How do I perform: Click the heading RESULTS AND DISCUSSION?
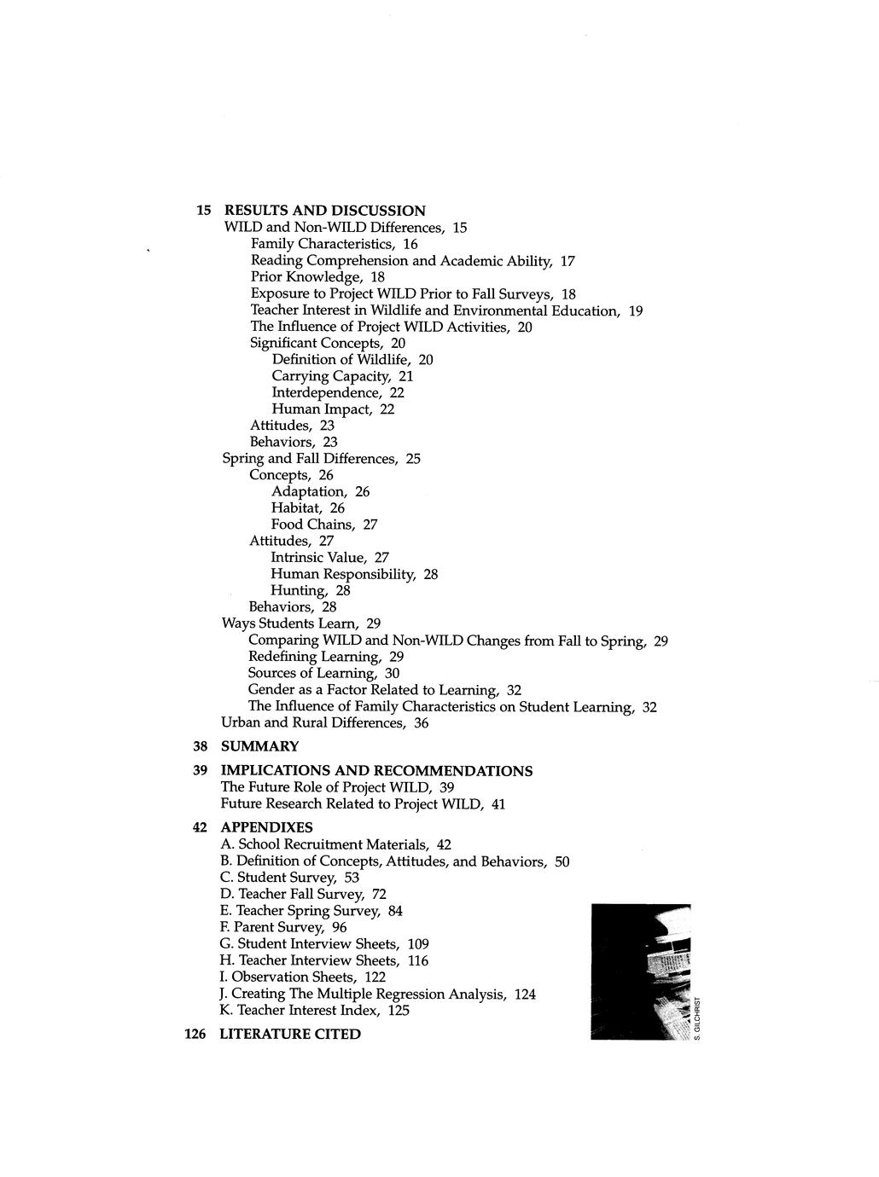click(x=324, y=211)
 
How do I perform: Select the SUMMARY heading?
click(x=259, y=746)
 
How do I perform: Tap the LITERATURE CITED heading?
click(x=290, y=1034)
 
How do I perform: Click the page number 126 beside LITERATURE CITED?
click(x=195, y=1034)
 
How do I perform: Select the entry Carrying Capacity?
click(x=342, y=376)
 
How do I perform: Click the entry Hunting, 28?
click(x=311, y=590)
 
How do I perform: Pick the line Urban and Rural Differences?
click(x=324, y=723)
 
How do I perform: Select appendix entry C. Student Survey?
click(x=289, y=878)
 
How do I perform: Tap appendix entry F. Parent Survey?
click(x=282, y=927)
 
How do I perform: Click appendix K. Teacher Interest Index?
click(x=314, y=1010)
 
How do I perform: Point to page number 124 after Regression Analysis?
click(x=525, y=994)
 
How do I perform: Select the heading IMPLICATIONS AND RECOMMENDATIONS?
click(x=376, y=771)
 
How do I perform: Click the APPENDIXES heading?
click(x=266, y=827)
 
